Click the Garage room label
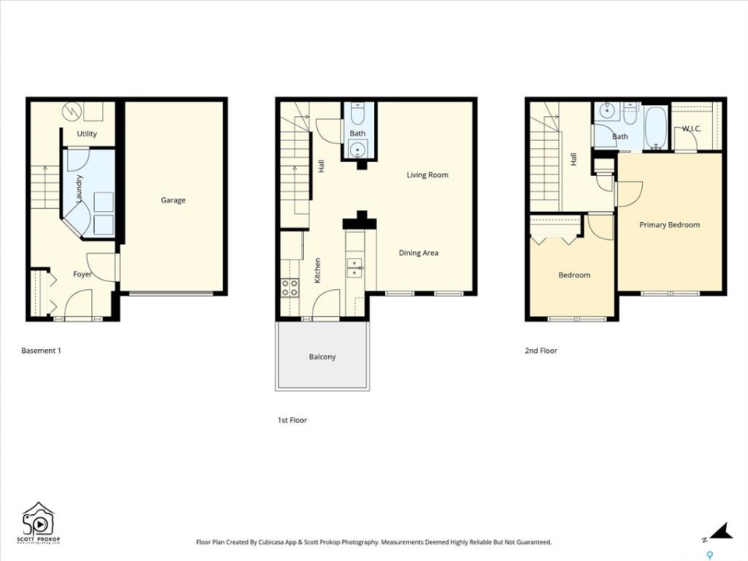(x=173, y=200)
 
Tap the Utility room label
(x=86, y=133)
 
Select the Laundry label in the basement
(x=79, y=189)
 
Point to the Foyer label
(x=82, y=274)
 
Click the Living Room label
(x=428, y=175)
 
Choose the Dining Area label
(x=418, y=252)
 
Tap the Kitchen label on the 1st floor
(x=317, y=270)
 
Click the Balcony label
(x=323, y=357)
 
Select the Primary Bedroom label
(x=670, y=224)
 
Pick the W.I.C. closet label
(x=692, y=129)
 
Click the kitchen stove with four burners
(x=290, y=288)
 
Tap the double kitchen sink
(x=355, y=268)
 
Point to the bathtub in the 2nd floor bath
(x=656, y=127)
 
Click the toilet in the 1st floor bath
(x=358, y=114)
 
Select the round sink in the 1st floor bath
(x=357, y=150)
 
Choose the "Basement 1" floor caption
(x=41, y=351)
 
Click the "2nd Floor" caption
(x=541, y=351)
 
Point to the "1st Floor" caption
(x=292, y=420)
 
